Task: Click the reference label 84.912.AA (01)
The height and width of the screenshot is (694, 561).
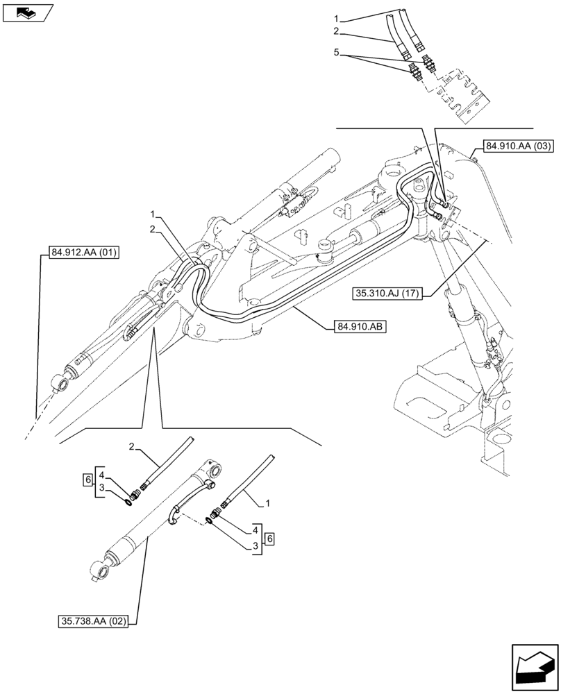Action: pos(84,253)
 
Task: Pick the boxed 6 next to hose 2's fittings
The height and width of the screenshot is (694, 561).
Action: pos(87,481)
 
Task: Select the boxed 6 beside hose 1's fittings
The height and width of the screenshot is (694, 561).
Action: pos(269,538)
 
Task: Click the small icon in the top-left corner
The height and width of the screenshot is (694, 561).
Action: pos(28,12)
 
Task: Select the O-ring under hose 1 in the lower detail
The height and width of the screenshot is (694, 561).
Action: pos(209,521)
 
